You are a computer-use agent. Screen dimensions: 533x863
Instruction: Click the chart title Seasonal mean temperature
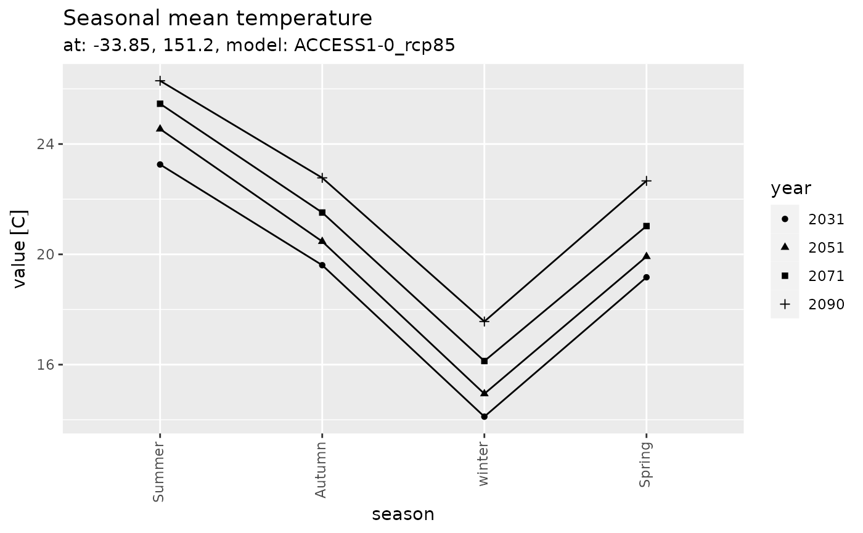coord(218,18)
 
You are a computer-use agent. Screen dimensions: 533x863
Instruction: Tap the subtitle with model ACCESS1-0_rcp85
coord(259,46)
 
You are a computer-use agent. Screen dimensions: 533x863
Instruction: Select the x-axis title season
coord(403,515)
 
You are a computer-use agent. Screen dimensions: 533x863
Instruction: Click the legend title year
coord(791,189)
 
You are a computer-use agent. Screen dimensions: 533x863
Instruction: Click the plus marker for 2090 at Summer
coord(160,81)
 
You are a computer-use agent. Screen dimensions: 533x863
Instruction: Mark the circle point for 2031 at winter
coord(484,417)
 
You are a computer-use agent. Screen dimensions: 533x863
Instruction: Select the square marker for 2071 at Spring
coord(646,226)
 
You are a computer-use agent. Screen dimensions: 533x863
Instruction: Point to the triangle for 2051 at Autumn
coord(322,240)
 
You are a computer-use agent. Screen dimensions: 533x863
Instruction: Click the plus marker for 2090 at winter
coord(484,321)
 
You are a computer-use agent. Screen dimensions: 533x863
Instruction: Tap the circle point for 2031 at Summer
coord(160,165)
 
